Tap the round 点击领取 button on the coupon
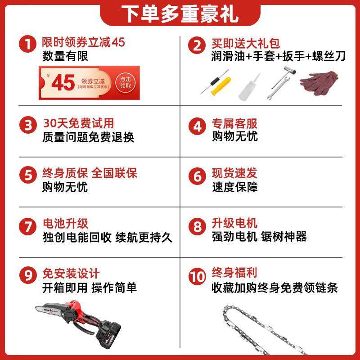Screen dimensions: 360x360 (x=126, y=81)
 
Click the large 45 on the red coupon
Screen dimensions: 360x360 (x=63, y=82)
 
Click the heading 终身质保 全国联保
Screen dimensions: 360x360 (x=90, y=173)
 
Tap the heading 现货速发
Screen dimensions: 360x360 (x=235, y=173)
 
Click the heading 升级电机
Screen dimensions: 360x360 (x=235, y=223)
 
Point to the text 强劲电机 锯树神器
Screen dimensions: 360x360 (x=259, y=237)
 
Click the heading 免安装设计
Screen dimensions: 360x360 (x=71, y=273)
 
